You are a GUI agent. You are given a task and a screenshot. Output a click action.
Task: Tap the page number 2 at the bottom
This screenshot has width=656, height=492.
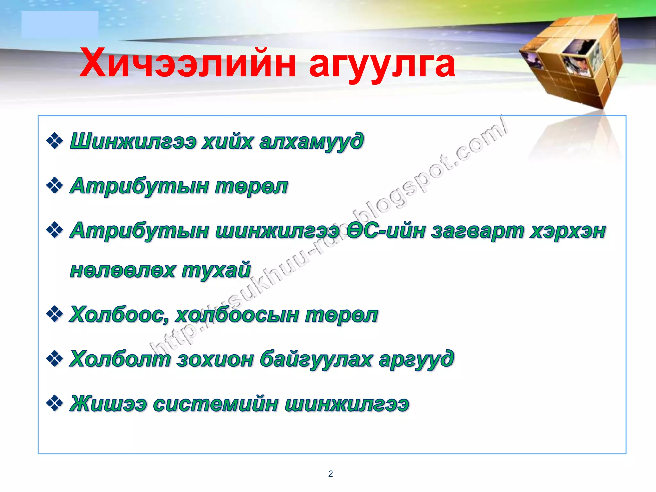click(331, 473)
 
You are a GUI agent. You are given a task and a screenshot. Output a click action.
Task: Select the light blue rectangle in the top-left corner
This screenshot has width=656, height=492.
click(60, 25)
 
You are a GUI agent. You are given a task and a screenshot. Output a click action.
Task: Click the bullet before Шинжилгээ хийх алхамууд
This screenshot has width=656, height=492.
click(55, 141)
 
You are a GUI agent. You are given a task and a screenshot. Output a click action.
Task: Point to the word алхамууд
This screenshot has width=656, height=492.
click(311, 142)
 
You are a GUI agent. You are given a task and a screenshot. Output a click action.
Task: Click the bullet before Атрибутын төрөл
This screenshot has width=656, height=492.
click(55, 186)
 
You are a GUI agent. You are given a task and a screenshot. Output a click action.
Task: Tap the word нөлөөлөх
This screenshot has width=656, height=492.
click(123, 270)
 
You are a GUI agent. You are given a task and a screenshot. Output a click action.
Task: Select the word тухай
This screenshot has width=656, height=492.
click(216, 270)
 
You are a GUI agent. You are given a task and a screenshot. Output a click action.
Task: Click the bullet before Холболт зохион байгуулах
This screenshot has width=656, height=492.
click(55, 359)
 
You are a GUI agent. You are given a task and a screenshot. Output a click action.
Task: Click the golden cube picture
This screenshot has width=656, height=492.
click(573, 61)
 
